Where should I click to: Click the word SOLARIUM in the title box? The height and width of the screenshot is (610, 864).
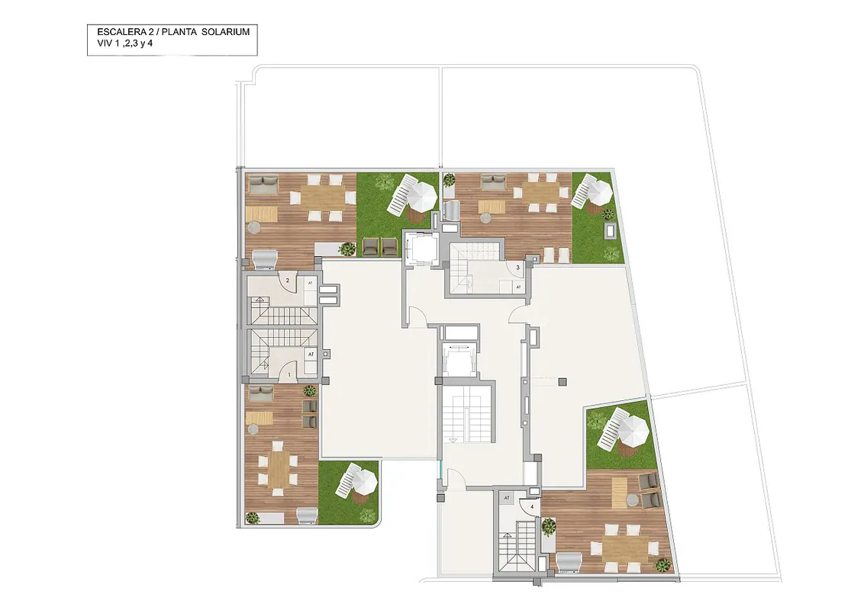[x=225, y=32]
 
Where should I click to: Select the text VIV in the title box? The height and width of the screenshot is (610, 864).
[x=105, y=44]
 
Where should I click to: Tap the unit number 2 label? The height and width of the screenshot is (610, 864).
[x=288, y=281]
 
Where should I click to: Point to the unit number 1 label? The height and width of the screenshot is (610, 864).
[x=290, y=375]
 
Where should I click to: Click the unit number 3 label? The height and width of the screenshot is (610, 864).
[x=518, y=268]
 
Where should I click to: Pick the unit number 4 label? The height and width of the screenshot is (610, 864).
[x=532, y=506]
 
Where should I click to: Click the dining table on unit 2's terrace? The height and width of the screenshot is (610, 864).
[x=322, y=197]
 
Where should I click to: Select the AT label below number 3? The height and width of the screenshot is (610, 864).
[x=518, y=287]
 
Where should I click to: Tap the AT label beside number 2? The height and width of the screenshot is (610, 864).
[x=310, y=283]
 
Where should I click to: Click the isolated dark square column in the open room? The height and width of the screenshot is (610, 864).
[x=562, y=381]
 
